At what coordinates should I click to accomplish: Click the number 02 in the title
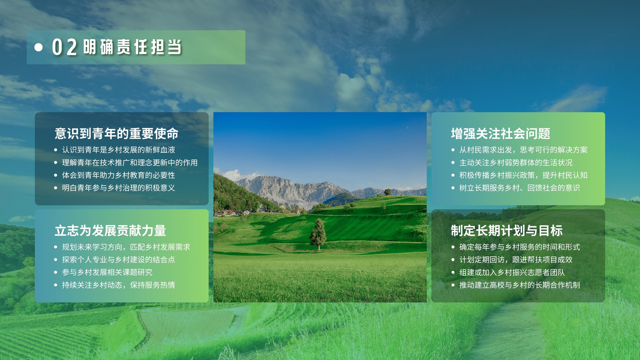tap(64, 47)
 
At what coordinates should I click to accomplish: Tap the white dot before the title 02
tap(38, 47)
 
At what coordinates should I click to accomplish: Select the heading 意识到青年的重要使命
tap(116, 134)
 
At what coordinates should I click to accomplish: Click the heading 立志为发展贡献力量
tap(110, 230)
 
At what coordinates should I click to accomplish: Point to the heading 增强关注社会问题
tap(500, 134)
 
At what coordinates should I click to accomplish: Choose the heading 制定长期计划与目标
tap(507, 230)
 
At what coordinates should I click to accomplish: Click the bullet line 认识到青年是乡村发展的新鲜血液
tap(118, 150)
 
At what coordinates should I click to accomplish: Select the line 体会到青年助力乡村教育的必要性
tap(118, 175)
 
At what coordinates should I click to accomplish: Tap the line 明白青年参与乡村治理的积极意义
tap(118, 188)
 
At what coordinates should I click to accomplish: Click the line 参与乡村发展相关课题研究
tap(107, 272)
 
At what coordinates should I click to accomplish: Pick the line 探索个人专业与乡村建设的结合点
tap(118, 260)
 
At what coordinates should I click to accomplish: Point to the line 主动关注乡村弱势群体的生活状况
tap(516, 162)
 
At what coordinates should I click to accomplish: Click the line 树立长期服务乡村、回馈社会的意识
tap(520, 188)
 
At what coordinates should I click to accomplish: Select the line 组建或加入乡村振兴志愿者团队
tap(512, 272)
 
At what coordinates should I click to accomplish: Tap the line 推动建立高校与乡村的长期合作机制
tap(520, 285)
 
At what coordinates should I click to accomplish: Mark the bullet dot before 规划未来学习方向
tap(56, 247)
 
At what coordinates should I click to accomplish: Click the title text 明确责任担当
tap(132, 47)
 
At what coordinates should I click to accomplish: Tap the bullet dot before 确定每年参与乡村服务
tap(453, 247)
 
